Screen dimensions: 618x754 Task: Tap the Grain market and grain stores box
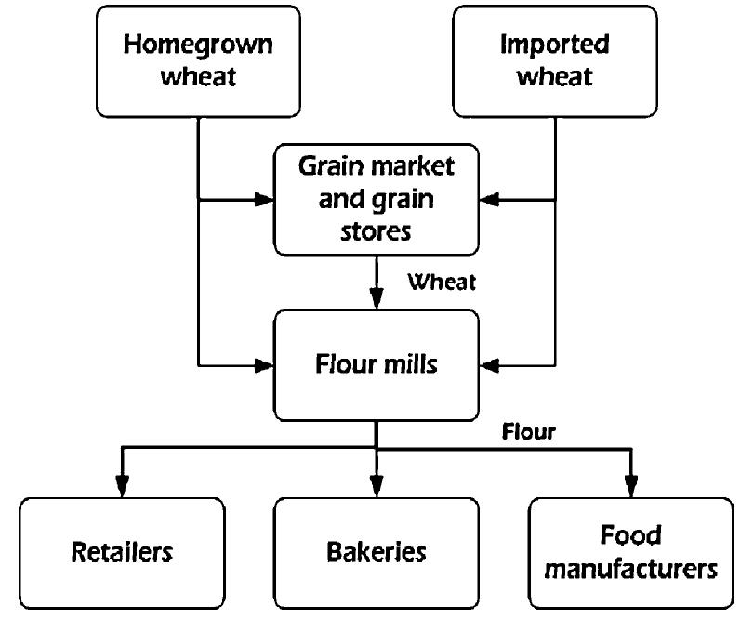(376, 198)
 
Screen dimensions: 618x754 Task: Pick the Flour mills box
(376, 364)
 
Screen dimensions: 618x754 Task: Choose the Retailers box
(122, 552)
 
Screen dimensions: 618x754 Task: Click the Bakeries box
(376, 552)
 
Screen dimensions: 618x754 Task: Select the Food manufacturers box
(630, 552)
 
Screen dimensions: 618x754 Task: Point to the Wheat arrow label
(442, 282)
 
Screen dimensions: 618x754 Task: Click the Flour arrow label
(528, 432)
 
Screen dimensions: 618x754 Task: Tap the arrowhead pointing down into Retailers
(122, 486)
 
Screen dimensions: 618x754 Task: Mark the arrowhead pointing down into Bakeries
(376, 486)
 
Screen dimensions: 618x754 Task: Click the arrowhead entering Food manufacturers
(630, 486)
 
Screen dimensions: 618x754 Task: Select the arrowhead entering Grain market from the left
(263, 199)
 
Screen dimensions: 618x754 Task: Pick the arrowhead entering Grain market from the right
(489, 199)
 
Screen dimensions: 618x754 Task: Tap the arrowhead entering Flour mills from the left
(263, 363)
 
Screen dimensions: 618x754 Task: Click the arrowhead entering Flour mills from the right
(489, 363)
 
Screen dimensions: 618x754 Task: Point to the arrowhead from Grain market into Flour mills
(376, 299)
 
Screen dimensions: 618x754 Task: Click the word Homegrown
(198, 45)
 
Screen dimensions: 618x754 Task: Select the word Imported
(554, 45)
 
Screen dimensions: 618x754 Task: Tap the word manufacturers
(630, 568)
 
